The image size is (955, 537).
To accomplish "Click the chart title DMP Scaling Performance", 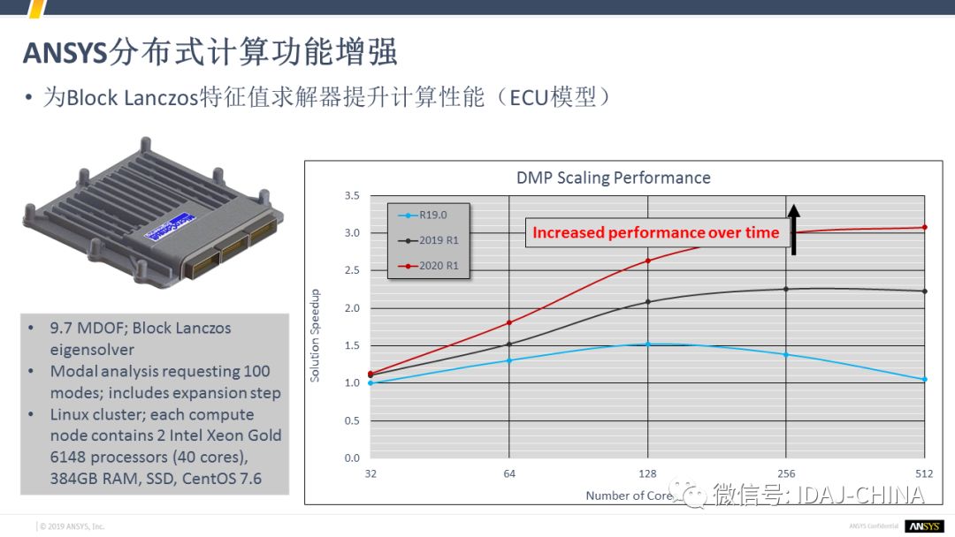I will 613,178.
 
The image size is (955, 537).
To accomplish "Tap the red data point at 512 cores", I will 924,228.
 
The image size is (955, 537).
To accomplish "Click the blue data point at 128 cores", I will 648,344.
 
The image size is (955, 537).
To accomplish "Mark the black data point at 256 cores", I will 786,289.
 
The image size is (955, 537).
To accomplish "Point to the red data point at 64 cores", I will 509,322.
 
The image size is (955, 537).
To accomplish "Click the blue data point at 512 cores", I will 924,379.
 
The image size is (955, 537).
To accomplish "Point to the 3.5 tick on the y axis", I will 352,196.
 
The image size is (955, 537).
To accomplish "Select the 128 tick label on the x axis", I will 648,473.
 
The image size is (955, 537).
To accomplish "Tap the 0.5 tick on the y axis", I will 352,420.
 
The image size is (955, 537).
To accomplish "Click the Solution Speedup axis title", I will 316,336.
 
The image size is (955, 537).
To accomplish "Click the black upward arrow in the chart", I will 793,229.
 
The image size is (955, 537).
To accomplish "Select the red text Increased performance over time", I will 655,233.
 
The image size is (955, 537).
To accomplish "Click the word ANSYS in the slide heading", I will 64,53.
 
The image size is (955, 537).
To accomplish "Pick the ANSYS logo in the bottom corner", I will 923,526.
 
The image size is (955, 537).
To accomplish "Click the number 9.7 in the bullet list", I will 62,329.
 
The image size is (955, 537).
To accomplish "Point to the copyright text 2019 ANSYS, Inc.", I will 72,526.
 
